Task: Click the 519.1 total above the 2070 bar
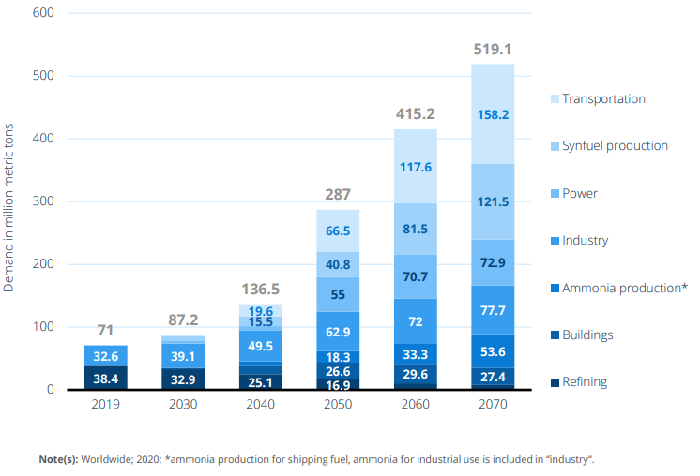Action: click(x=493, y=50)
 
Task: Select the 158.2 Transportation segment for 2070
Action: click(x=493, y=114)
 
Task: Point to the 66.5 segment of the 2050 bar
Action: click(x=337, y=231)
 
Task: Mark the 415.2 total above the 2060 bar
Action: click(x=415, y=114)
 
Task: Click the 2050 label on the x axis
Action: click(x=337, y=405)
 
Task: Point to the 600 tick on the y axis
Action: click(x=43, y=13)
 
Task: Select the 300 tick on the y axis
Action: click(x=43, y=201)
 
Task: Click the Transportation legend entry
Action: click(x=603, y=98)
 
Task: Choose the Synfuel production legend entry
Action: click(x=615, y=145)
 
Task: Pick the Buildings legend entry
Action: click(x=588, y=335)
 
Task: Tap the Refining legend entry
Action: click(x=584, y=381)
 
